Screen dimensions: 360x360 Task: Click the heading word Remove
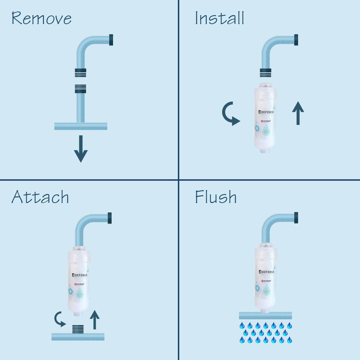pos(41,18)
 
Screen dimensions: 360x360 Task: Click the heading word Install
pos(219,18)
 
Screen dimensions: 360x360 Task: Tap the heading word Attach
pos(40,197)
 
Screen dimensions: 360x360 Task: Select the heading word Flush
pos(216,197)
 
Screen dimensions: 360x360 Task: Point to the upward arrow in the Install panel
pos(298,113)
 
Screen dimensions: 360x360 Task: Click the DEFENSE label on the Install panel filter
pos(266,112)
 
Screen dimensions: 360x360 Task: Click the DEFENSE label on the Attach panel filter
pos(80,275)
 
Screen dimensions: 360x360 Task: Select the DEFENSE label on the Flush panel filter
pos(266,272)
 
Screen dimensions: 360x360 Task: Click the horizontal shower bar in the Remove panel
pos(81,126)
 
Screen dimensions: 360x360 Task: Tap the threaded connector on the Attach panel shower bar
pos(78,329)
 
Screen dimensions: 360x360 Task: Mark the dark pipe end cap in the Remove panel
pos(111,39)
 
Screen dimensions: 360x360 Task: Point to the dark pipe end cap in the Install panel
pos(296,39)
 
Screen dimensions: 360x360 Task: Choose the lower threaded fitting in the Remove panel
pos(80,89)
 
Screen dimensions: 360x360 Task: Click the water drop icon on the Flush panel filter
pos(266,290)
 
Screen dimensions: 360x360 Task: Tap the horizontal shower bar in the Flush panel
pos(265,316)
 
